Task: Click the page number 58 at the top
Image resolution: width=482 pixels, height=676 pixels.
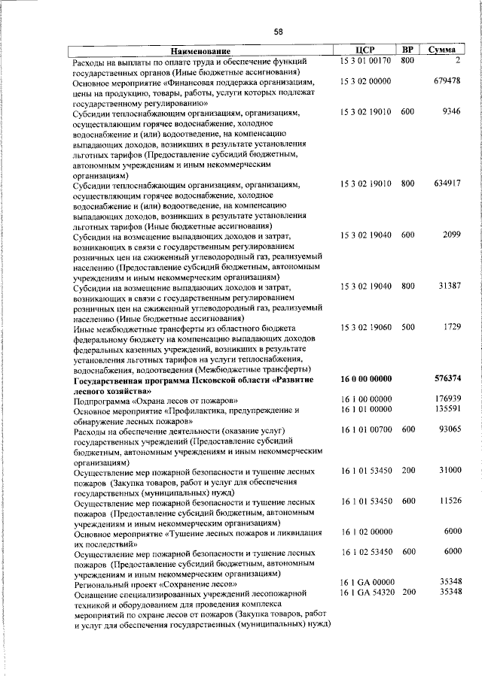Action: (279, 32)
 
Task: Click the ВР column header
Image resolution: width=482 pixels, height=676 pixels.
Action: (407, 50)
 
